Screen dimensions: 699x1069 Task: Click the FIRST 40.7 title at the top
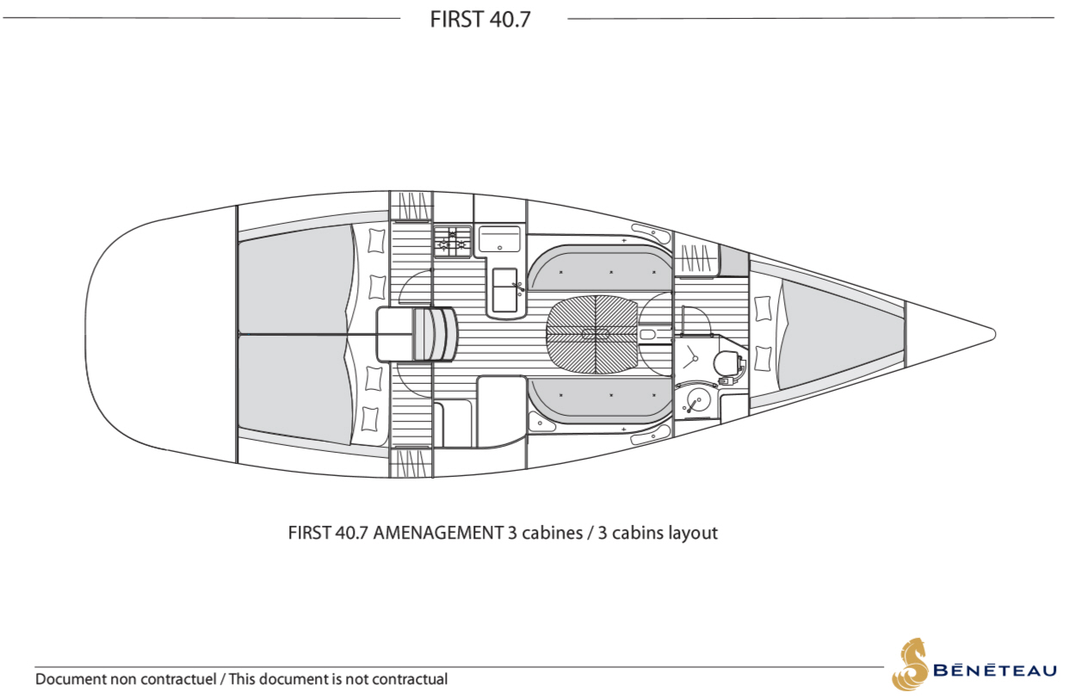[480, 19]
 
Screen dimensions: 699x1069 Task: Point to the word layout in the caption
[690, 533]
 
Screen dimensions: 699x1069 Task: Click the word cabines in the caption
[552, 533]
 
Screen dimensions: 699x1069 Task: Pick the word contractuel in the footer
[177, 679]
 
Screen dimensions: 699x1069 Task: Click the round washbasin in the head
[697, 399]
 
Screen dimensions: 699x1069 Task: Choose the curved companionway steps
[434, 334]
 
